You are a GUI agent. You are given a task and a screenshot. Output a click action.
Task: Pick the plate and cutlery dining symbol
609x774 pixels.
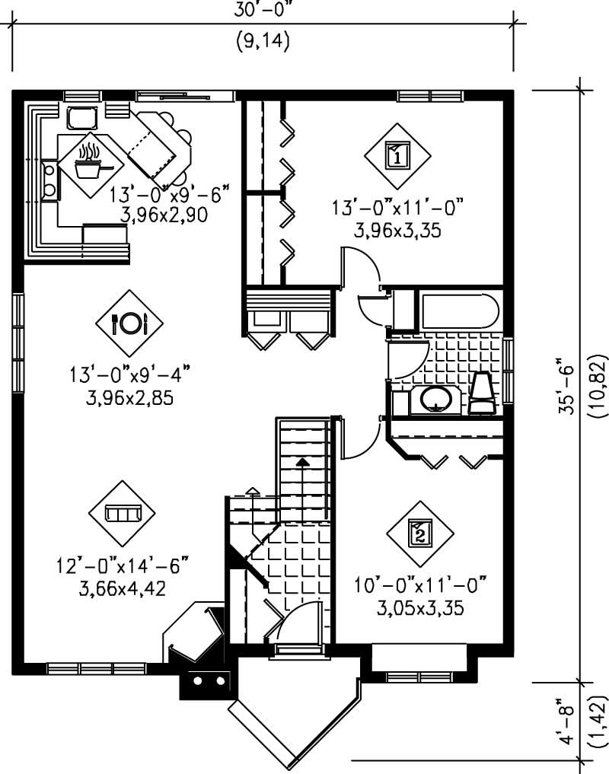(129, 323)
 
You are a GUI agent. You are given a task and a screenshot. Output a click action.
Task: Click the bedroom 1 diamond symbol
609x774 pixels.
(397, 156)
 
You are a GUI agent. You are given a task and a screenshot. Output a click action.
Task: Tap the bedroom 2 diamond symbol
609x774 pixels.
(419, 533)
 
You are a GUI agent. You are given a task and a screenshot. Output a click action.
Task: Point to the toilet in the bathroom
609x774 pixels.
(483, 393)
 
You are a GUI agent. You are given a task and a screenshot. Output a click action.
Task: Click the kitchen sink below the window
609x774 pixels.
(80, 119)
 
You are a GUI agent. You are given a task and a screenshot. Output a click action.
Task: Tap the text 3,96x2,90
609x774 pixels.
(164, 215)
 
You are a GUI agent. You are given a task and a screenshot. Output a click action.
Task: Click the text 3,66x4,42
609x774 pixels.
(122, 588)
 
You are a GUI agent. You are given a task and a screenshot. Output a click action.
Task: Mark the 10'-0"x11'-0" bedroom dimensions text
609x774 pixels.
(419, 586)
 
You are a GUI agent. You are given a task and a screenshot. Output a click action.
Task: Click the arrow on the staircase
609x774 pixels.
(303, 462)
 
